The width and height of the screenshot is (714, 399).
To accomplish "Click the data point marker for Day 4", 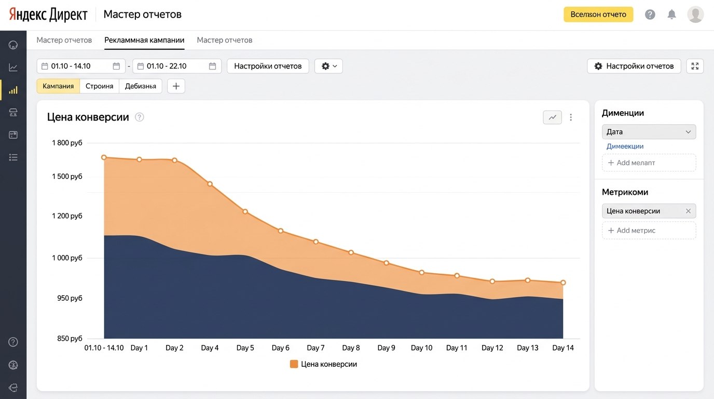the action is [x=210, y=184].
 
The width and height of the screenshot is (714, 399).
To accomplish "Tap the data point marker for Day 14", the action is [x=563, y=283].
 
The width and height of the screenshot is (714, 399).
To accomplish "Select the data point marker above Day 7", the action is [x=315, y=242].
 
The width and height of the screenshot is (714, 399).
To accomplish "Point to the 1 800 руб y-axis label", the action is [x=67, y=143].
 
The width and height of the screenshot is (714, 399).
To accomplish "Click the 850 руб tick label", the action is [x=70, y=338].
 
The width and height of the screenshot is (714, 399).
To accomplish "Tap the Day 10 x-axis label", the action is [x=421, y=348].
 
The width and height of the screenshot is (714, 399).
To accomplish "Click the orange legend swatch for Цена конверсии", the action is [x=294, y=364].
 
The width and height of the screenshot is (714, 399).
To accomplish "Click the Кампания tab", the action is [x=58, y=86].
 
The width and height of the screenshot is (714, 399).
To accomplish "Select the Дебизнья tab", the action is [x=141, y=86].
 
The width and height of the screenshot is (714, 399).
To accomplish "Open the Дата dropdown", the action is [x=649, y=132].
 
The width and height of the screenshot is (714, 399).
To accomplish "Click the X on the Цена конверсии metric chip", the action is [x=688, y=211].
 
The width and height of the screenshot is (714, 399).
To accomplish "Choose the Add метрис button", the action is [x=649, y=231].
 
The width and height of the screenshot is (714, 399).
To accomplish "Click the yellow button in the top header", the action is [x=598, y=15].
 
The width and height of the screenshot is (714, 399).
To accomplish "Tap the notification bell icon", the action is [x=671, y=15].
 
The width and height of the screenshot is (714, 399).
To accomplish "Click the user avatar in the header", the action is [x=695, y=15].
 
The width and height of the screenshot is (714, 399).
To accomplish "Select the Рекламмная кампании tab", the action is [x=144, y=40].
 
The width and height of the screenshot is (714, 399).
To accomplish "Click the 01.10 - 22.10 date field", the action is [x=177, y=66].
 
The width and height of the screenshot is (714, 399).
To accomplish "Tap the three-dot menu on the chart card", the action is [x=571, y=117].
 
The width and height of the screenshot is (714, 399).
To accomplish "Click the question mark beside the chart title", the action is [x=139, y=117].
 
